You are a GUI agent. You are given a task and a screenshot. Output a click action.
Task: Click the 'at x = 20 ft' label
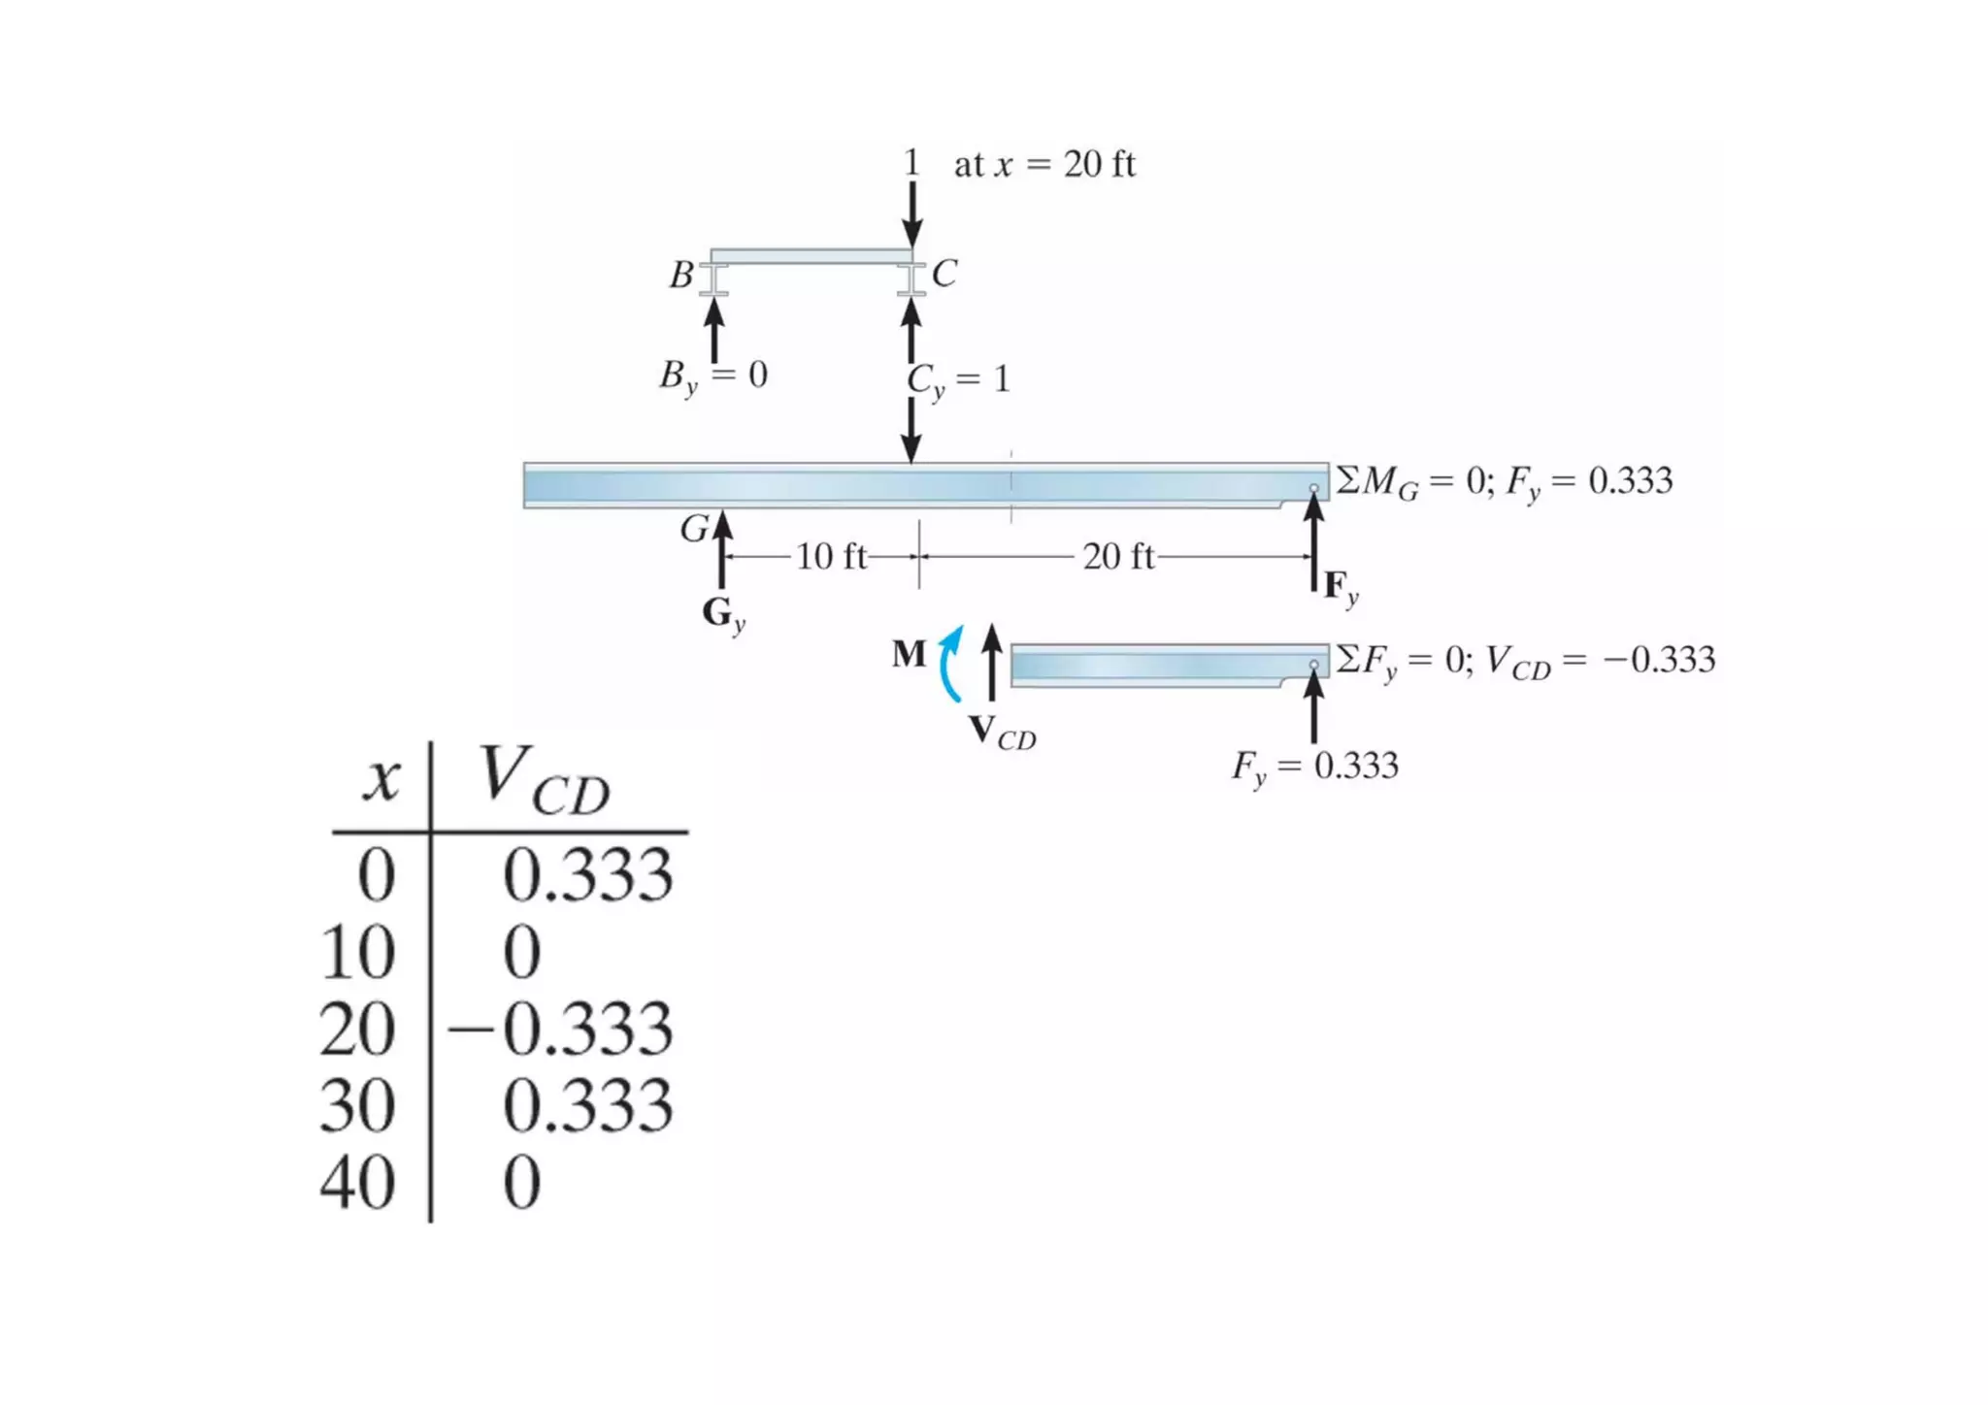[1044, 165]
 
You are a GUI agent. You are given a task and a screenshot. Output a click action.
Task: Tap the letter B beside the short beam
[681, 275]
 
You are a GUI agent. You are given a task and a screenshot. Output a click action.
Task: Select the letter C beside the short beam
[944, 274]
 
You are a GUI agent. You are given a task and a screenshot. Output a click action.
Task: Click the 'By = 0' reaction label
[713, 376]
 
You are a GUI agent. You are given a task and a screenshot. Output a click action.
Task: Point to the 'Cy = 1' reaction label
[959, 379]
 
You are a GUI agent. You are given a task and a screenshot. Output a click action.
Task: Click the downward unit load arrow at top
[911, 213]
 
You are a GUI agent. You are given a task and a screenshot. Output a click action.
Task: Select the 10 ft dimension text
[831, 556]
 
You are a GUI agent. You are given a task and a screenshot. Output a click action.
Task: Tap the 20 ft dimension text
[1118, 556]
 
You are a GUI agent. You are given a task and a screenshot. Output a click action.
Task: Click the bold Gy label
[723, 613]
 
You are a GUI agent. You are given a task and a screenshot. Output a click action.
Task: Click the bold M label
[910, 654]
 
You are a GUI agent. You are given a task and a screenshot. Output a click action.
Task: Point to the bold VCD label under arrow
[1002, 733]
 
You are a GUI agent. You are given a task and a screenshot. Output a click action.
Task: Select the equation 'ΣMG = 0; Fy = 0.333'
[1504, 481]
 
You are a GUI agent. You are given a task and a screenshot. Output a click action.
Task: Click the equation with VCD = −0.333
[1525, 661]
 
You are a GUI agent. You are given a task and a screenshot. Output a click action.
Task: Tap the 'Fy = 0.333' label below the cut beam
[1315, 767]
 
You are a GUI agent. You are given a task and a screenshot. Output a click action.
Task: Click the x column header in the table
[381, 779]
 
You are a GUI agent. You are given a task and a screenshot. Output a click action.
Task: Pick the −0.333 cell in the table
[561, 1029]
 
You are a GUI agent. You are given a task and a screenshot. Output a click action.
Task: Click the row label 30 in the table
[357, 1106]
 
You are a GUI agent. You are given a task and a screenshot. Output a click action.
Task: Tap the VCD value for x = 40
[522, 1183]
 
